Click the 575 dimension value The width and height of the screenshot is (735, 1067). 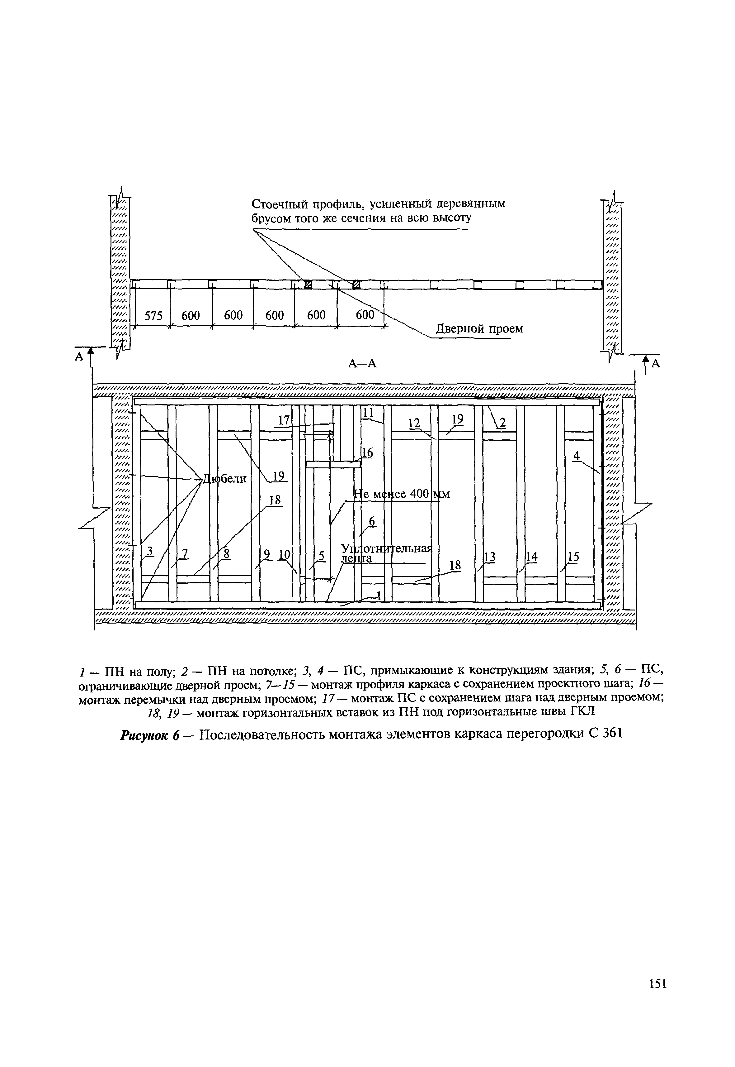tap(154, 316)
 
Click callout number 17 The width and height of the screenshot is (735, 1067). tap(285, 420)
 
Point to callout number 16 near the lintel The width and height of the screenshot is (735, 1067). tap(367, 453)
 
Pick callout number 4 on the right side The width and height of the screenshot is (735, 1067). tap(576, 456)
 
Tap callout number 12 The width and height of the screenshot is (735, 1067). tap(414, 423)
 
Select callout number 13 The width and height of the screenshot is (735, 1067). tap(490, 557)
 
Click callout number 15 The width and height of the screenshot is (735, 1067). tap(573, 557)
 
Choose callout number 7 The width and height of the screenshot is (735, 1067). tap(185, 553)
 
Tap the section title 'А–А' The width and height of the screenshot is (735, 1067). tap(362, 364)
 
